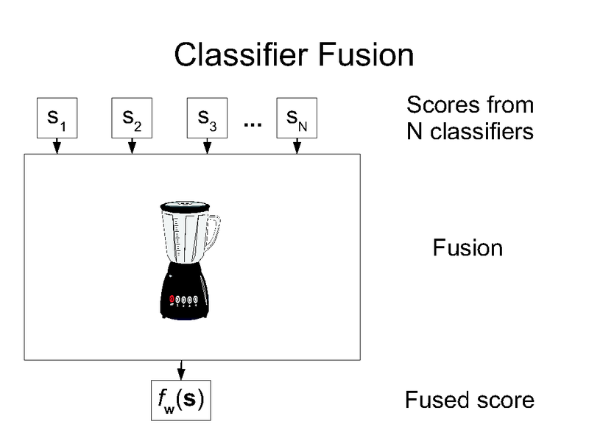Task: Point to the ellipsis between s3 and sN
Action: pos(252,124)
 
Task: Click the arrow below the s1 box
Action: pos(56,147)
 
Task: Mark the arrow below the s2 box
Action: pos(132,147)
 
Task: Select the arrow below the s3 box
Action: pos(207,147)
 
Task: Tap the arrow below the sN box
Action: pos(296,147)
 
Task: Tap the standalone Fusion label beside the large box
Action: pos(468,247)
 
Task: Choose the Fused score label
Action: pos(469,401)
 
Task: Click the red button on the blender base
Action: pos(173,299)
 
